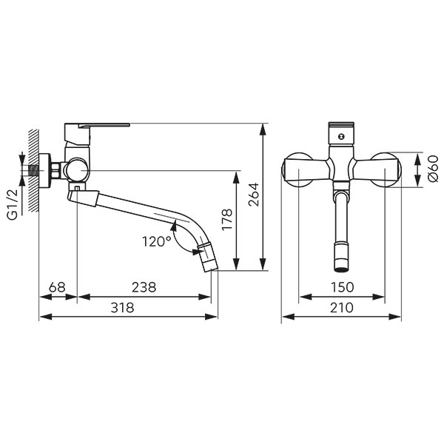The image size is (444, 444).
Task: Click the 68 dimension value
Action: (57, 287)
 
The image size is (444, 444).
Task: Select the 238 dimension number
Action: (144, 287)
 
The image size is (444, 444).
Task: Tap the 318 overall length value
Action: (122, 308)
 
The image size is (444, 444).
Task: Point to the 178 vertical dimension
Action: (227, 220)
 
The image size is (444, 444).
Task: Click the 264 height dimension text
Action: (253, 195)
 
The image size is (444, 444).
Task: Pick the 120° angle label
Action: (157, 241)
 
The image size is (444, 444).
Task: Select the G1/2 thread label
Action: (13, 204)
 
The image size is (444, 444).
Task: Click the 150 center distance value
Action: (342, 287)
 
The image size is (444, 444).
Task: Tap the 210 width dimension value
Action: (342, 308)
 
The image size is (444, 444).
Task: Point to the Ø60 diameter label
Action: (433, 169)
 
